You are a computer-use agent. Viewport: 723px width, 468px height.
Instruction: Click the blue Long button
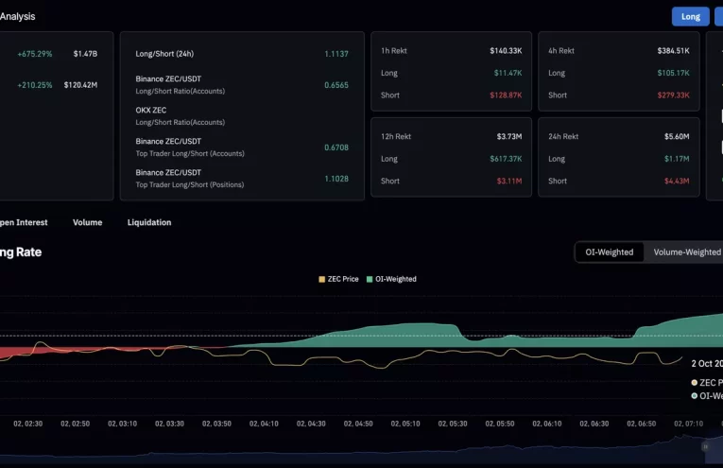[690, 16]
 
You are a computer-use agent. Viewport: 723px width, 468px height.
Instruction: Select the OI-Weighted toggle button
[610, 252]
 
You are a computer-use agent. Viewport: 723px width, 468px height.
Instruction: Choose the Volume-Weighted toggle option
[686, 252]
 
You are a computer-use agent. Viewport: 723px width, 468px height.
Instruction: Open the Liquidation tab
[149, 222]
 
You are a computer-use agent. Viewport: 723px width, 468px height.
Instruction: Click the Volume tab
[87, 222]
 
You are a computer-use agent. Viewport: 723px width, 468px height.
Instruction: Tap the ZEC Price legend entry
[338, 279]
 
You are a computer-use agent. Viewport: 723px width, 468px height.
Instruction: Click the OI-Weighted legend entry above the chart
[391, 279]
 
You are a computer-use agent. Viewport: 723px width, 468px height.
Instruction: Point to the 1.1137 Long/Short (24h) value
[336, 54]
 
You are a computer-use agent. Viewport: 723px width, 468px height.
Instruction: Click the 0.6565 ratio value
[336, 85]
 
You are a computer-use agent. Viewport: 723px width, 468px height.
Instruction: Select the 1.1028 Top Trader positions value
[336, 179]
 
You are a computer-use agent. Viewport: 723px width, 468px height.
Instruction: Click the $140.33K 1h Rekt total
[505, 50]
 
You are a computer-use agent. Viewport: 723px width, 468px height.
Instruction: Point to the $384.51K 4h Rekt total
[673, 50]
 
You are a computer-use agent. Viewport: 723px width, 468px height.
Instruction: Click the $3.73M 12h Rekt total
[508, 136]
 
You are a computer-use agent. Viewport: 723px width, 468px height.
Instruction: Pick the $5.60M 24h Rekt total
[676, 136]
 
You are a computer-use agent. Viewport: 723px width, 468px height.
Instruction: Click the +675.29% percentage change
[34, 54]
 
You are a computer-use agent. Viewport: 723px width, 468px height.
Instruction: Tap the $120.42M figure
[80, 85]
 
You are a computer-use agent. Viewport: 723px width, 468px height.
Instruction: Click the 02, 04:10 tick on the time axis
[264, 424]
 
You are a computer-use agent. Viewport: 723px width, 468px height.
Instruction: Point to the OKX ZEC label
[151, 110]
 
